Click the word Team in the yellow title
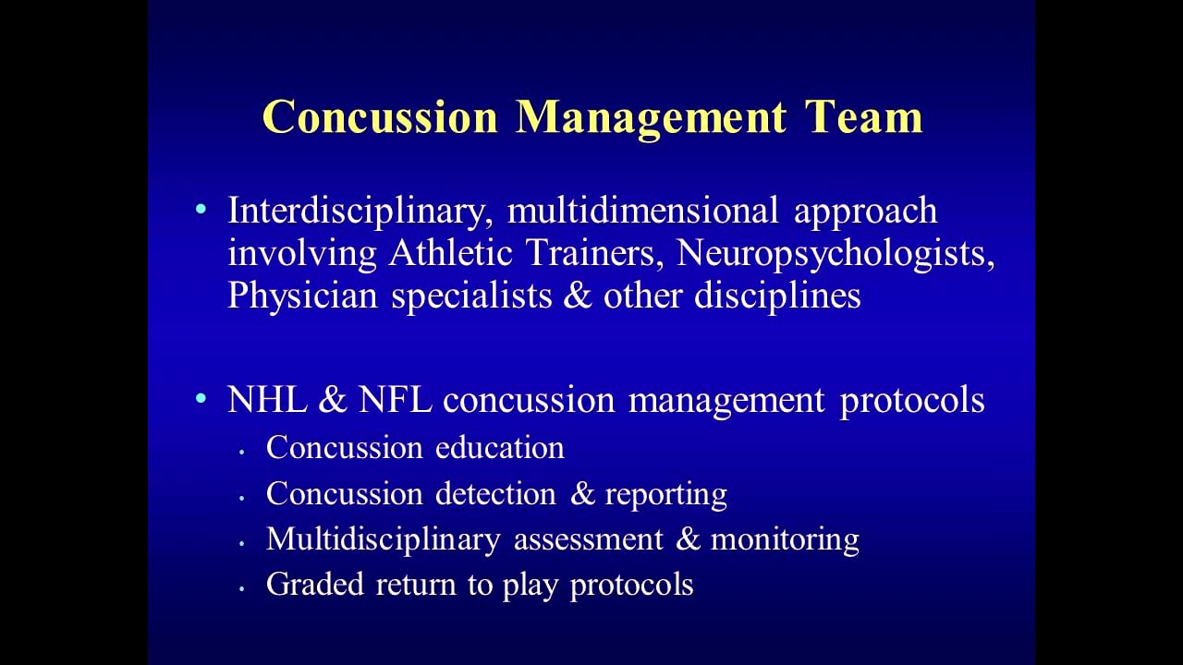click(x=863, y=117)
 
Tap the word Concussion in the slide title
click(x=380, y=117)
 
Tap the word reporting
click(x=665, y=495)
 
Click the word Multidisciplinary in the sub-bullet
click(x=383, y=539)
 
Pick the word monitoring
click(x=785, y=539)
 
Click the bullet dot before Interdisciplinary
click(x=201, y=211)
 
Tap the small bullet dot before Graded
click(x=242, y=586)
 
